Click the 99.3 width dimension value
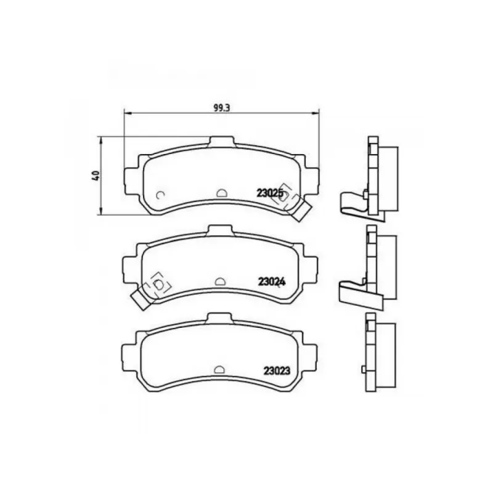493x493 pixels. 222,108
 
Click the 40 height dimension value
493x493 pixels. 96,176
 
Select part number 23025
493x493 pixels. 270,193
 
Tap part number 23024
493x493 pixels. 272,282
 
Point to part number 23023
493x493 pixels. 277,371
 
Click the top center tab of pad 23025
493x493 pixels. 222,142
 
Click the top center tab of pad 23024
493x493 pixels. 221,230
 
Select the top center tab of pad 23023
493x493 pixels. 220,318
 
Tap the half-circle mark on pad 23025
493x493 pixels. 221,193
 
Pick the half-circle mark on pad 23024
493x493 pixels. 220,282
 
